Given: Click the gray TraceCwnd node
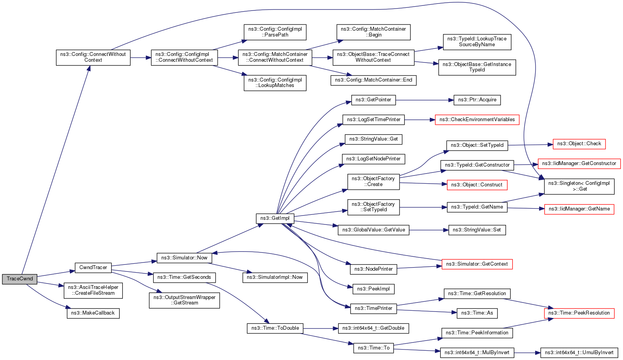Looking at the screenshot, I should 19,279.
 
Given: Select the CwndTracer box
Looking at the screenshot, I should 93,268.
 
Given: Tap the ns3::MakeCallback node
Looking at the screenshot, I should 93,313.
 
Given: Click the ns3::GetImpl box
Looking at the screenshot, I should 275,218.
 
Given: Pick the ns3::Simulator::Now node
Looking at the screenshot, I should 184,258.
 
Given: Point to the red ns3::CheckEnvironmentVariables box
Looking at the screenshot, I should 477,120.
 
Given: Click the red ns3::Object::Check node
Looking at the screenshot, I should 579,144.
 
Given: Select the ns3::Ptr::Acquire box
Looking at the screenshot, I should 477,100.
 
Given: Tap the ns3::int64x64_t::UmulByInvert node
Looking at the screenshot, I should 579,353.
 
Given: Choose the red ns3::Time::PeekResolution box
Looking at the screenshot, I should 579,313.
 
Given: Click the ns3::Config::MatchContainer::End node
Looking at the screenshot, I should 373,80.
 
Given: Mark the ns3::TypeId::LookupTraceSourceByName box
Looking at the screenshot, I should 477,42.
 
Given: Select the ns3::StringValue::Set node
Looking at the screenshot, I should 476,230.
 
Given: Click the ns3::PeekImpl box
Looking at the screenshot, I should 373,289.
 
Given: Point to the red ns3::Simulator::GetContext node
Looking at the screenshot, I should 477,264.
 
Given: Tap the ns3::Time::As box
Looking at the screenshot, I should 477,313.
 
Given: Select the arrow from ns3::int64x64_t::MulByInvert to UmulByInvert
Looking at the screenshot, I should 527,353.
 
